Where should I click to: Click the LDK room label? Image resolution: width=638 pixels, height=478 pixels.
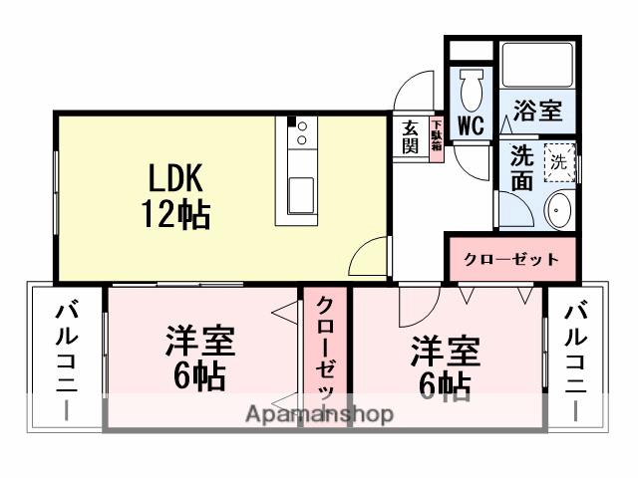(176, 179)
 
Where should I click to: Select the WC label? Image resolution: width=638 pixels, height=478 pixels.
(471, 125)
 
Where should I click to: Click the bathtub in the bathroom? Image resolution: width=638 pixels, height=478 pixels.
(535, 66)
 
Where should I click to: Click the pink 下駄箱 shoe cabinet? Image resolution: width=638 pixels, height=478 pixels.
(437, 135)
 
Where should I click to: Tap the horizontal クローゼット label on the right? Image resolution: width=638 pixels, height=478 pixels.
(510, 260)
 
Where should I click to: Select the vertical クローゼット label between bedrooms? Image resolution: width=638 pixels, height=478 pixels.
(326, 354)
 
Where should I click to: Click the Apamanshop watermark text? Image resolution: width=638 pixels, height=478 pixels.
(320, 414)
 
